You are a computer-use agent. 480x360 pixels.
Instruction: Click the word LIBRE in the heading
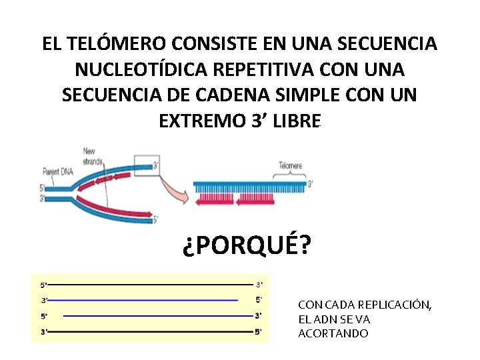pos(296,121)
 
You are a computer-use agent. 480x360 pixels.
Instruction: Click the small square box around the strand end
pos(147,165)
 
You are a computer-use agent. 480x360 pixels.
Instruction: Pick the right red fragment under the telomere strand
pos(253,198)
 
